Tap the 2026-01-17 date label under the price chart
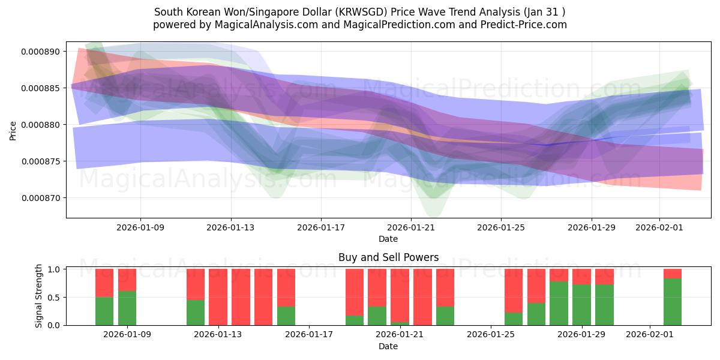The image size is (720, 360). click(x=321, y=227)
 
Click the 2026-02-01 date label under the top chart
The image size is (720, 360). click(x=659, y=227)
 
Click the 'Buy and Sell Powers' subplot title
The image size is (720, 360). click(x=388, y=257)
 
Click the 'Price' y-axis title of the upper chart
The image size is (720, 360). click(x=13, y=130)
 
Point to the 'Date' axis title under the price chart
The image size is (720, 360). click(x=388, y=239)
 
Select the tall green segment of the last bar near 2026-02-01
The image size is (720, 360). click(x=673, y=302)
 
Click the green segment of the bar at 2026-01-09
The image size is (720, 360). click(x=127, y=308)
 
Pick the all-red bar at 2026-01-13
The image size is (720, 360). click(x=218, y=297)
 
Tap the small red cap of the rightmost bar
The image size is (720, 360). click(x=673, y=274)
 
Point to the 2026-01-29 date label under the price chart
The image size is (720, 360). click(x=592, y=227)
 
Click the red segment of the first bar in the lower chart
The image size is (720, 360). click(x=104, y=283)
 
